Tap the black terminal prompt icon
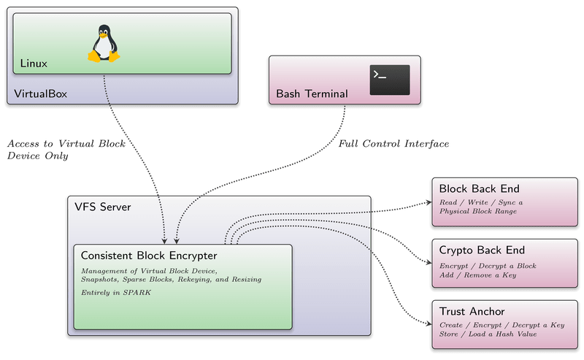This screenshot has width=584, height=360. pyautogui.click(x=389, y=80)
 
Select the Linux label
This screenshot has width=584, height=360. pyautogui.click(x=34, y=64)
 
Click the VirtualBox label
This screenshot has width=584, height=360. pyautogui.click(x=41, y=93)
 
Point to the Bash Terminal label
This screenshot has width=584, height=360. pyautogui.click(x=312, y=93)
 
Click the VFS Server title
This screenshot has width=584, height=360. pyautogui.click(x=103, y=207)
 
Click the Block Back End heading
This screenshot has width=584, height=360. pyautogui.click(x=479, y=188)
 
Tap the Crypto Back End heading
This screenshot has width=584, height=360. pyautogui.click(x=482, y=250)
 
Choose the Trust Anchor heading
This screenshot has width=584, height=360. pyautogui.click(x=472, y=312)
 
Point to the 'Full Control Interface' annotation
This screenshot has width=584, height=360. pyautogui.click(x=394, y=144)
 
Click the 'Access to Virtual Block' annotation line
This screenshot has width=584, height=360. pyautogui.click(x=66, y=144)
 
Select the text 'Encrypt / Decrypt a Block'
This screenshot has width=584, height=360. pyautogui.click(x=488, y=265)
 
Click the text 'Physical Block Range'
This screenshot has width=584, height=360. pyautogui.click(x=479, y=211)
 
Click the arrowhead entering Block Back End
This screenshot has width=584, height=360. pyautogui.click(x=426, y=206)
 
